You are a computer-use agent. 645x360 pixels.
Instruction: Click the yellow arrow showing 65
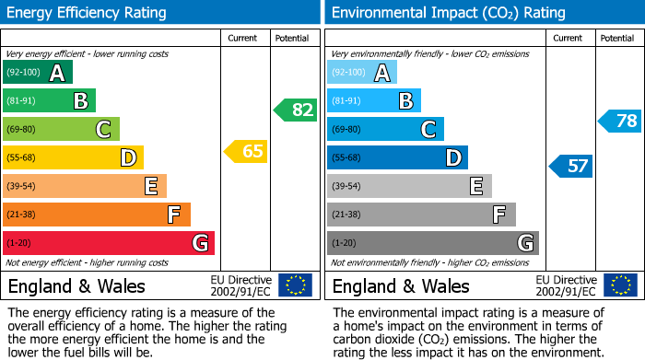point(246,151)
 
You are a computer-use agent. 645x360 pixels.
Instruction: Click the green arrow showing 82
point(295,110)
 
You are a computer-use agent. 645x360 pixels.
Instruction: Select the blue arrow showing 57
point(571,167)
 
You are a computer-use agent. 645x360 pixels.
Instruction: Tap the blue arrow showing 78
point(620,121)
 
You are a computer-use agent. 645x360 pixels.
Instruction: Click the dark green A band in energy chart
point(38,73)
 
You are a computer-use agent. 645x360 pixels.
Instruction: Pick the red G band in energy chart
point(109,243)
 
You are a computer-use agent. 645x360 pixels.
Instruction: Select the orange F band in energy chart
point(97,215)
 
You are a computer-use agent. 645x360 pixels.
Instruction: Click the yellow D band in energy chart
point(73,157)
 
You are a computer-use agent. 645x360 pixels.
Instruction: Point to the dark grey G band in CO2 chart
point(432,243)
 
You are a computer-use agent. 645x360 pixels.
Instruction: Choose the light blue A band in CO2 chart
point(362,73)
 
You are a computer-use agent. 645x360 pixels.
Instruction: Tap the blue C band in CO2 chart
point(385,129)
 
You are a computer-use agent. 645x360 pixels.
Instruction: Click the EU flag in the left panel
point(295,285)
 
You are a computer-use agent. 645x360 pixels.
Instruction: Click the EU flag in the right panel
point(619,285)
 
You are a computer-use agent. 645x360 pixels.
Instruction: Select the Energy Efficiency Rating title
point(87,13)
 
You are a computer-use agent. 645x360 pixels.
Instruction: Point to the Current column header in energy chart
point(244,38)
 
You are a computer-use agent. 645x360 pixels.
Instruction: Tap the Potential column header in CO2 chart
point(616,38)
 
